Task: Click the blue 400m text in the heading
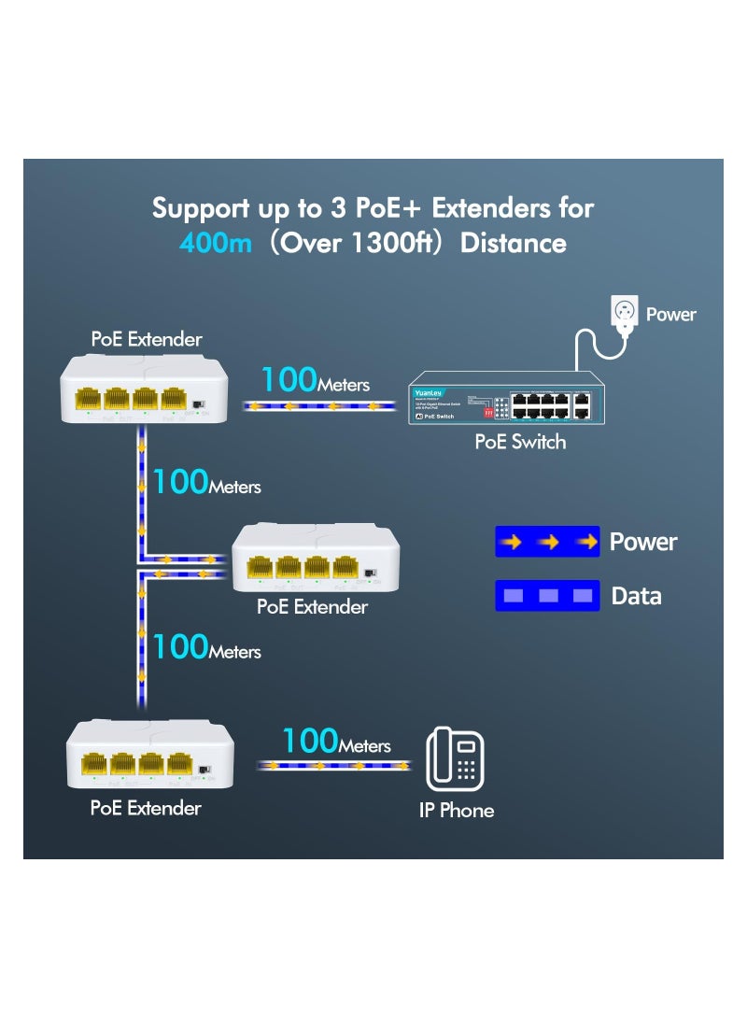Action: (216, 244)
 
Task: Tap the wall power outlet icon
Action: (623, 311)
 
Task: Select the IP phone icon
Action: (455, 758)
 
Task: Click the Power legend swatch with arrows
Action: (547, 542)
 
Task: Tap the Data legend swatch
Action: (547, 596)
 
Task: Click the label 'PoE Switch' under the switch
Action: (520, 442)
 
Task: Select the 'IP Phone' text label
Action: (456, 810)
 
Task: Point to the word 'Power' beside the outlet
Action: (670, 315)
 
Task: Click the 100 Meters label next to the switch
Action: (315, 381)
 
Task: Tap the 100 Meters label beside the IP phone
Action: (336, 743)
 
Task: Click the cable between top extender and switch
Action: (317, 405)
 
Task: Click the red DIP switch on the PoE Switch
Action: (486, 409)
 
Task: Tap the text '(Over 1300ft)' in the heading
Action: (356, 244)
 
